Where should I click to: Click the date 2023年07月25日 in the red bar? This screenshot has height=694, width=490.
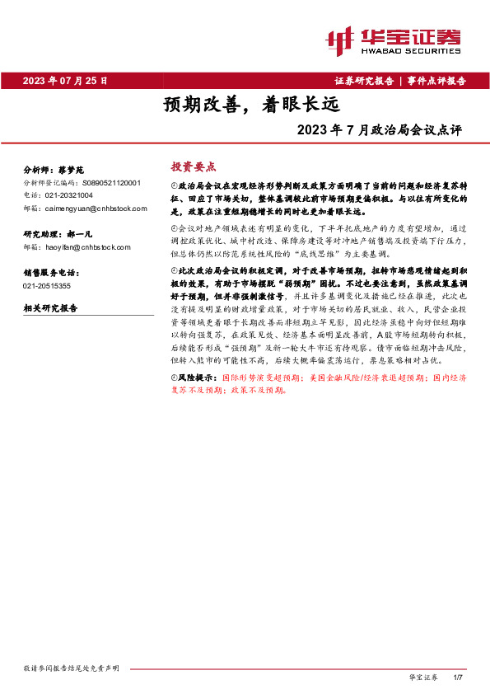click(x=65, y=81)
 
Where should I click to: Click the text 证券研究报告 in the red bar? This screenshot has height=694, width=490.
click(x=364, y=81)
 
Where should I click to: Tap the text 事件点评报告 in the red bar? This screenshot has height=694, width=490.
click(x=436, y=81)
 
